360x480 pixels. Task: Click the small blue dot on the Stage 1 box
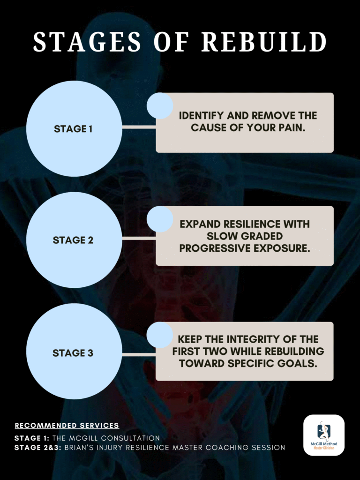pos(160,105)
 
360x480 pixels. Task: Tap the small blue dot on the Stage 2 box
pos(160,219)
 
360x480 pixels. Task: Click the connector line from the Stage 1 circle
pos(138,127)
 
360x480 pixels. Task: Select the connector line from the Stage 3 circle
pos(138,354)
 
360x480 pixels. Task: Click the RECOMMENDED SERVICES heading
pos(67,426)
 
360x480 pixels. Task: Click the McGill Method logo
pos(323,435)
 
